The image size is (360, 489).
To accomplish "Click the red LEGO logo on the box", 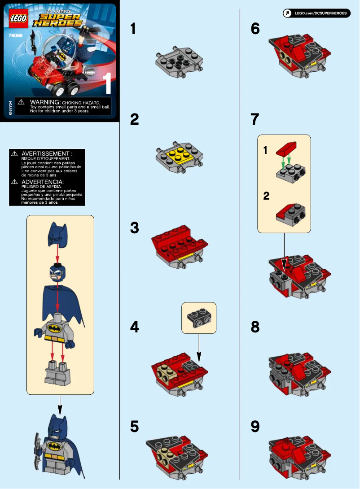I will point(17,18).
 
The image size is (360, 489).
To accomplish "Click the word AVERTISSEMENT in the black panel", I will point(47,154).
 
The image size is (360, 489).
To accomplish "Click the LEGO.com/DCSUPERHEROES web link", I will point(317,13).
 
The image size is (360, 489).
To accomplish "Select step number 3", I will point(134,228).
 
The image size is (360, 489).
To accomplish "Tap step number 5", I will point(134,427).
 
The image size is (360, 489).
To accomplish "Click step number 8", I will point(255,327).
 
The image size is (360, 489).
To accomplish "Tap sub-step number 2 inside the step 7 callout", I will point(266,196).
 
